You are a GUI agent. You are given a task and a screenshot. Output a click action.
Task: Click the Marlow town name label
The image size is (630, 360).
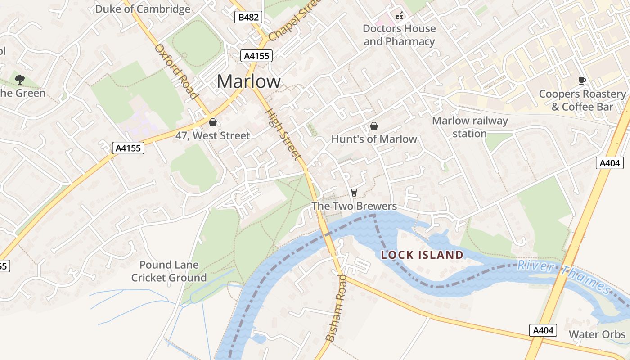pyautogui.click(x=248, y=81)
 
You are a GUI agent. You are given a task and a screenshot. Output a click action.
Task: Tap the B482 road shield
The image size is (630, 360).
pyautogui.click(x=248, y=18)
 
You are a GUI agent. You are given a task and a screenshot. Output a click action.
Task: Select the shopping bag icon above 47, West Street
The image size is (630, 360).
pyautogui.click(x=213, y=122)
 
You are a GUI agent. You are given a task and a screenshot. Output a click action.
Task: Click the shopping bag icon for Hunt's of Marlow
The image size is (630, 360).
pyautogui.click(x=373, y=126)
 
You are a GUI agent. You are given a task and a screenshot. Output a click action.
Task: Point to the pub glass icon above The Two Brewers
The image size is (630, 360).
pyautogui.click(x=354, y=193)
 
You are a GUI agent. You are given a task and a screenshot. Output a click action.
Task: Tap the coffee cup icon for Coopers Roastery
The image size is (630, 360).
pyautogui.click(x=582, y=81)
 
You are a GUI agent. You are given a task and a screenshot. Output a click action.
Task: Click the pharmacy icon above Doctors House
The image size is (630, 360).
pyautogui.click(x=399, y=16)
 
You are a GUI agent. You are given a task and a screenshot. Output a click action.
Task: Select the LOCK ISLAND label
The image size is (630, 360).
pyautogui.click(x=422, y=255)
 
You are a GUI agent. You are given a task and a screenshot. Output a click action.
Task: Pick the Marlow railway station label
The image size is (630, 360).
pyautogui.click(x=470, y=127)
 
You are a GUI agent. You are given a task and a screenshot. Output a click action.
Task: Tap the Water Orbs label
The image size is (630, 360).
pyautogui.click(x=597, y=334)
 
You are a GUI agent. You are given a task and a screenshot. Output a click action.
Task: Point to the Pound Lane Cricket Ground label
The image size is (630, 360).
pyautogui.click(x=169, y=271)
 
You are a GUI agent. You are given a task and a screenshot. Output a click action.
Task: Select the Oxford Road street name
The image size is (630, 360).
pyautogui.click(x=176, y=72)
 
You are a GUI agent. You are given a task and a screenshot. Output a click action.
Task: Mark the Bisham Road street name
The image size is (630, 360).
pyautogui.click(x=336, y=308)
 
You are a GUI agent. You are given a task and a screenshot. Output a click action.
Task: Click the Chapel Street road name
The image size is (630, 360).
pyautogui.click(x=295, y=19)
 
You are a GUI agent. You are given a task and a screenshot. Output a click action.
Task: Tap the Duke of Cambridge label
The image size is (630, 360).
pyautogui.click(x=143, y=9)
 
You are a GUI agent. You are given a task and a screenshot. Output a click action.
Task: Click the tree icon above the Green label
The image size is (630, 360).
pyautogui.click(x=19, y=80)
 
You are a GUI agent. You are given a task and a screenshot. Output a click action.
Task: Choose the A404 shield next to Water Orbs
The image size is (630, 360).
pyautogui.click(x=543, y=330)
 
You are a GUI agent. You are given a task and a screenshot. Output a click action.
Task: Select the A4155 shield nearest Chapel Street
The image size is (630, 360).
pyautogui.click(x=256, y=56)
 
